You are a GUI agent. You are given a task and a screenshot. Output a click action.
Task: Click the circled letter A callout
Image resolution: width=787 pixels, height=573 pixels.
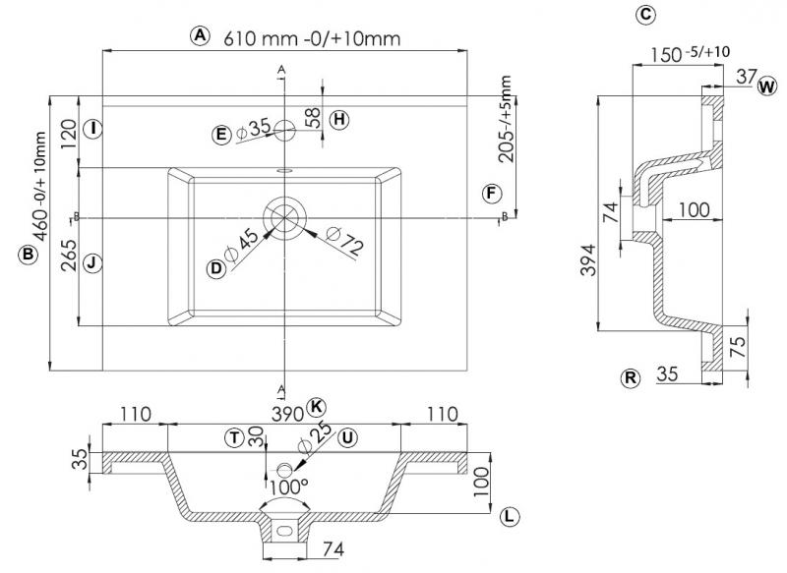click(201, 35)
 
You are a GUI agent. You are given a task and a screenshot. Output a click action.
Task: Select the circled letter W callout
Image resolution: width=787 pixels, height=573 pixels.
click(766, 86)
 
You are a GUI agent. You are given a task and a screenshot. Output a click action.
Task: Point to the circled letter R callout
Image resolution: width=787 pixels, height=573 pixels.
click(630, 376)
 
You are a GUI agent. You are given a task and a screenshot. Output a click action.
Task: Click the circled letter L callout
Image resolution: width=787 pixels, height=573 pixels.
click(508, 515)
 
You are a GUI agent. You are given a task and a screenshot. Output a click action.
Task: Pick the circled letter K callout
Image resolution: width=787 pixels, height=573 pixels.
click(315, 406)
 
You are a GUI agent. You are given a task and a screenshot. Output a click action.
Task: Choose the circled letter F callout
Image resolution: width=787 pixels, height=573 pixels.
click(492, 193)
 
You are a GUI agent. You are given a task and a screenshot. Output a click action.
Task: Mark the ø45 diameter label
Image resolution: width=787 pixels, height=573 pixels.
click(242, 246)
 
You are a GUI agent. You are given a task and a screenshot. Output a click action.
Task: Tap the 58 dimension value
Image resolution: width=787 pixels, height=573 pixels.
click(312, 118)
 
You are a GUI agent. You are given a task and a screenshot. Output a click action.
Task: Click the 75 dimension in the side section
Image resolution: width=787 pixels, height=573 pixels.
click(737, 343)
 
